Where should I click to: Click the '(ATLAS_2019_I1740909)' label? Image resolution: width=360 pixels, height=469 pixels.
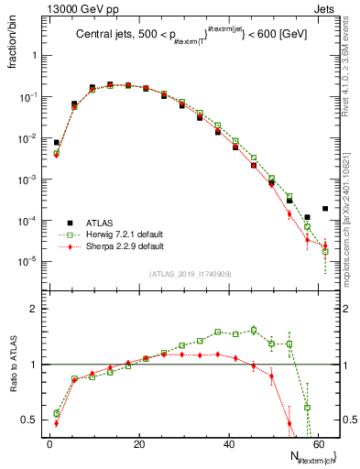click(190, 274)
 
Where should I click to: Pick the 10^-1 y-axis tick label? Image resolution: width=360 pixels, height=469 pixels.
click(27, 96)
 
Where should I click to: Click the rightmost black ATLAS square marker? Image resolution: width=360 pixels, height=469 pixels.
click(325, 209)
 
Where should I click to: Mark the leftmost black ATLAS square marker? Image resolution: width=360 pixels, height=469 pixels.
click(57, 143)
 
